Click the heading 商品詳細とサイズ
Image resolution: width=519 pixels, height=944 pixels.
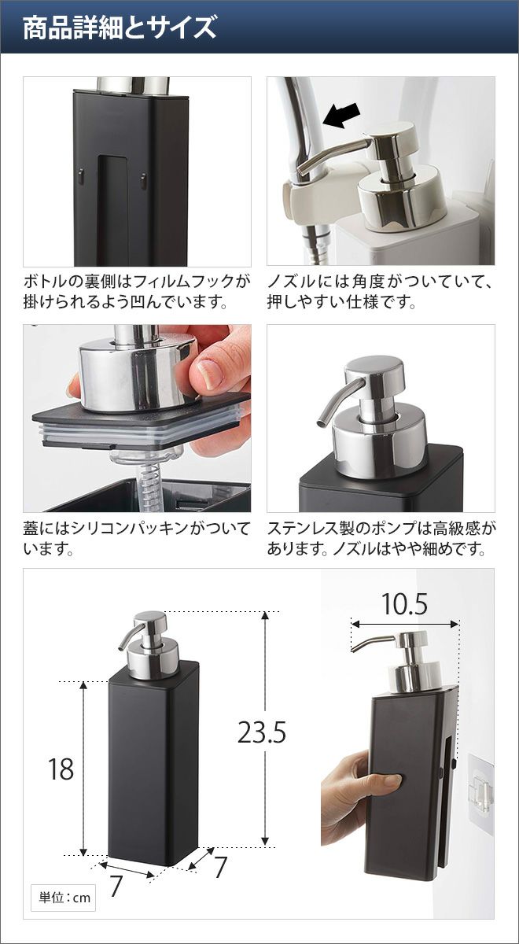click(120, 28)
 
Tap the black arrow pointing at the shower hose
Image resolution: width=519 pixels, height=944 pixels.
click(341, 115)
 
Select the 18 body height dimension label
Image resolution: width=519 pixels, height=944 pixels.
click(61, 769)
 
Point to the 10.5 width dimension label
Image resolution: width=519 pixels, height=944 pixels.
click(404, 604)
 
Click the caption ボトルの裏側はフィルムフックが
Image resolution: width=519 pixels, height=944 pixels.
click(137, 281)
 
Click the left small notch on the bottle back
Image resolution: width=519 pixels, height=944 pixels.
click(81, 175)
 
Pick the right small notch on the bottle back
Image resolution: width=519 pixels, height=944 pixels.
click(143, 180)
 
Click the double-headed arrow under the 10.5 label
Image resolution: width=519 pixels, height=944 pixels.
click(405, 624)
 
